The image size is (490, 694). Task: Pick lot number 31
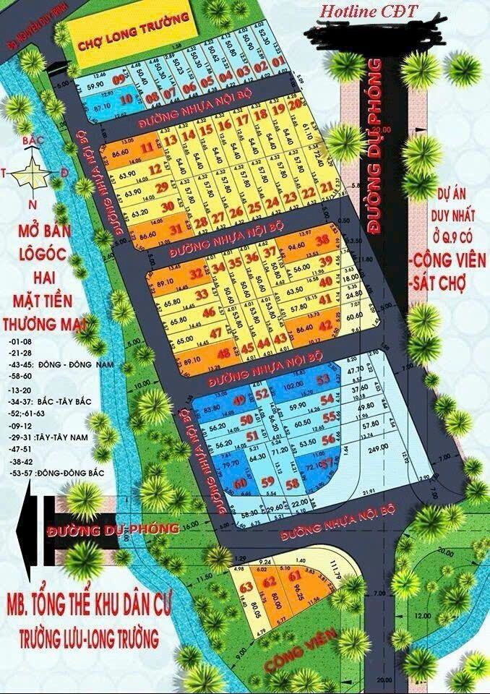[x=174, y=230]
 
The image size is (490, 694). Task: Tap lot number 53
[x=323, y=379]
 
